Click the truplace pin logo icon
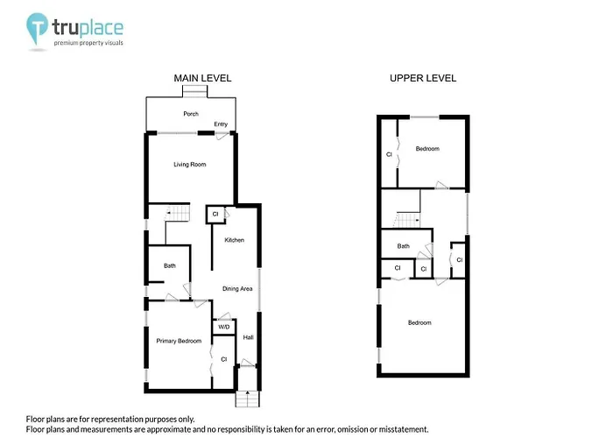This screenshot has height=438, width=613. (37, 28)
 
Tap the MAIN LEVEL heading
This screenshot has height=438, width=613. (202, 78)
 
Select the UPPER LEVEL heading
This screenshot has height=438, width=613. (423, 78)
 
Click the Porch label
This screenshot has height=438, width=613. (191, 114)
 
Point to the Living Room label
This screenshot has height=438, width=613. (190, 165)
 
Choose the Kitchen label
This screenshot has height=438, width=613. (234, 240)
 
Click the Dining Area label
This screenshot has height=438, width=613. (237, 288)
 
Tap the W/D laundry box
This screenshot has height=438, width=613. (224, 327)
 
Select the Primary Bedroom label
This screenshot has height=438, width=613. (179, 341)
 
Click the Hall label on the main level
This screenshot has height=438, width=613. (248, 337)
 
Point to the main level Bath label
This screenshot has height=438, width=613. (169, 265)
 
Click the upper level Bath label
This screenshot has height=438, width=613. (403, 246)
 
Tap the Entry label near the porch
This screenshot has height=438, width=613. (221, 124)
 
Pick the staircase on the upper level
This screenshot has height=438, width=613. (406, 220)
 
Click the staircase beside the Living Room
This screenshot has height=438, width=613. (177, 214)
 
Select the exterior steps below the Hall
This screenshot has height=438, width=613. (248, 399)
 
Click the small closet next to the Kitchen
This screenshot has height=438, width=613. (215, 215)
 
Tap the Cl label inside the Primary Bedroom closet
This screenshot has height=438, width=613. (223, 359)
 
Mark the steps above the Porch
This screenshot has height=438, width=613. (194, 91)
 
